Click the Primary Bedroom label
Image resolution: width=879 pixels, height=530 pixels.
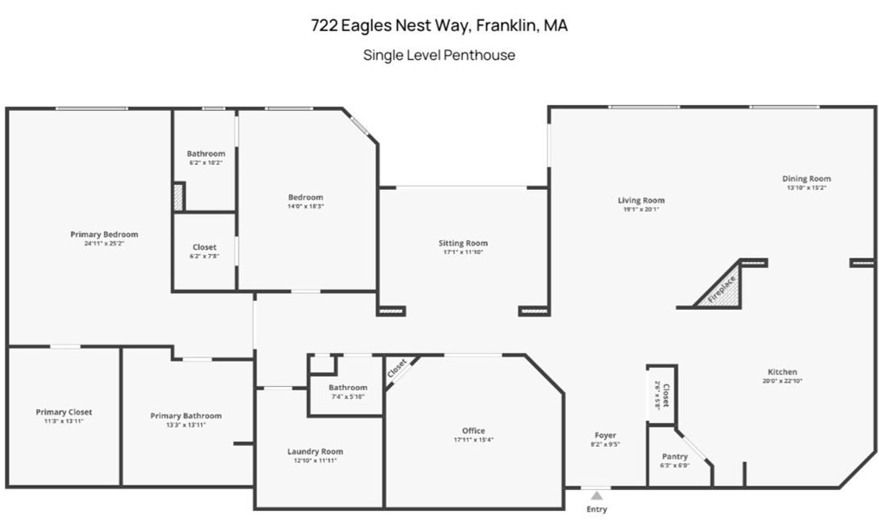click(104, 234)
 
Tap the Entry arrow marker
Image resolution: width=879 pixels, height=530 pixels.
click(596, 495)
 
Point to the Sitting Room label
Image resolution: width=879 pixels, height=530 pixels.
click(463, 243)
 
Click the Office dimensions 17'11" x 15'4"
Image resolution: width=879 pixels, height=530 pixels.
click(473, 440)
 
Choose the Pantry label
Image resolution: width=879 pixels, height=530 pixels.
click(674, 456)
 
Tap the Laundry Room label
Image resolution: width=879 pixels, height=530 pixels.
click(315, 451)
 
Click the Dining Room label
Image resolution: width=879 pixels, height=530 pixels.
click(807, 179)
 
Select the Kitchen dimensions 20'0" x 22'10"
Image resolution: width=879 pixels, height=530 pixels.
click(781, 381)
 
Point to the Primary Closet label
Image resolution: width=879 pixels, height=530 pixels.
click(63, 412)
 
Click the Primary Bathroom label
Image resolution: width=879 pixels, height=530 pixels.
click(186, 415)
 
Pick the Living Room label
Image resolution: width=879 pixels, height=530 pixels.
click(641, 200)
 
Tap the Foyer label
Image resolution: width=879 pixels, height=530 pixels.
click(605, 435)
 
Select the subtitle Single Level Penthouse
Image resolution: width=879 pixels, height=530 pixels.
click(439, 56)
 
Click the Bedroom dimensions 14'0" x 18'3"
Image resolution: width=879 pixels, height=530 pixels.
click(305, 206)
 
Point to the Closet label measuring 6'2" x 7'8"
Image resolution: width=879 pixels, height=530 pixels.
click(205, 247)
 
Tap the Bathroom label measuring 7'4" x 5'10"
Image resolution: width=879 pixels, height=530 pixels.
click(348, 387)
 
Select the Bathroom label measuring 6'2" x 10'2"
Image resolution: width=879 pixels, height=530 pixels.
click(205, 154)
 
